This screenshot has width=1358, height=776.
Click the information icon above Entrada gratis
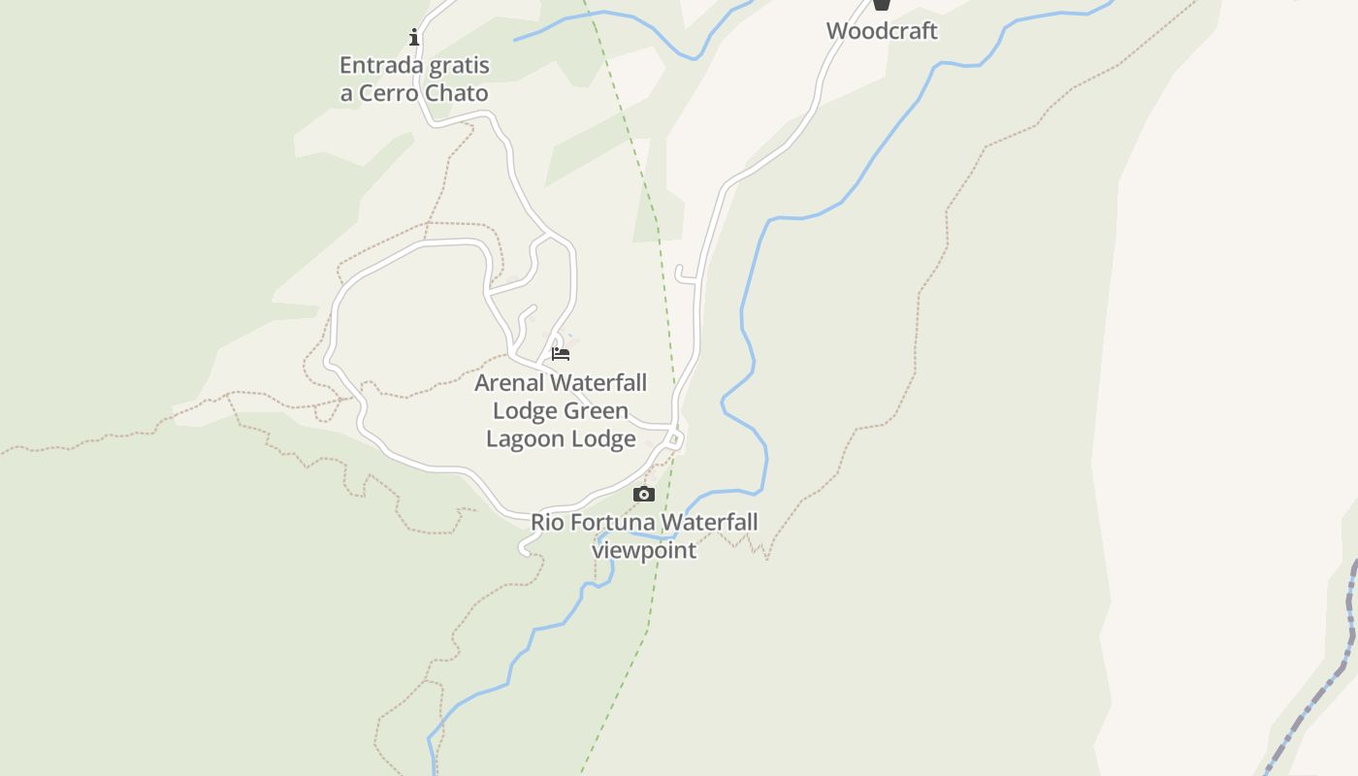pos(414,38)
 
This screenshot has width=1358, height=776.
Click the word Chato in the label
pos(457,94)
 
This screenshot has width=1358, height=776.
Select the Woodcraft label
pos(882,31)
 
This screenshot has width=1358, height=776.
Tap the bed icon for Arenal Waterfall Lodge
pos(561,354)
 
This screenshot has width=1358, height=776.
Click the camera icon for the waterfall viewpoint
pos(644,495)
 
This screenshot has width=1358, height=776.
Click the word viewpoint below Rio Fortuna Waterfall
pos(644,551)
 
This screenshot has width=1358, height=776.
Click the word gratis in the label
pos(459,66)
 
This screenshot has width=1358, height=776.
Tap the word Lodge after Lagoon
pos(603,439)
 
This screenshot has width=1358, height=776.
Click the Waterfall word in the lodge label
pos(601,383)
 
